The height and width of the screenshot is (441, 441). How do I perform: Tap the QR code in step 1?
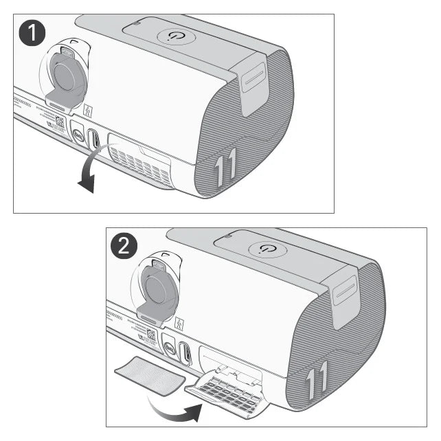59,124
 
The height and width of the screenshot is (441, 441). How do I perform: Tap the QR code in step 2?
150,335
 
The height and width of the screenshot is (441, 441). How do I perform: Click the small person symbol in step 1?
87,110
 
